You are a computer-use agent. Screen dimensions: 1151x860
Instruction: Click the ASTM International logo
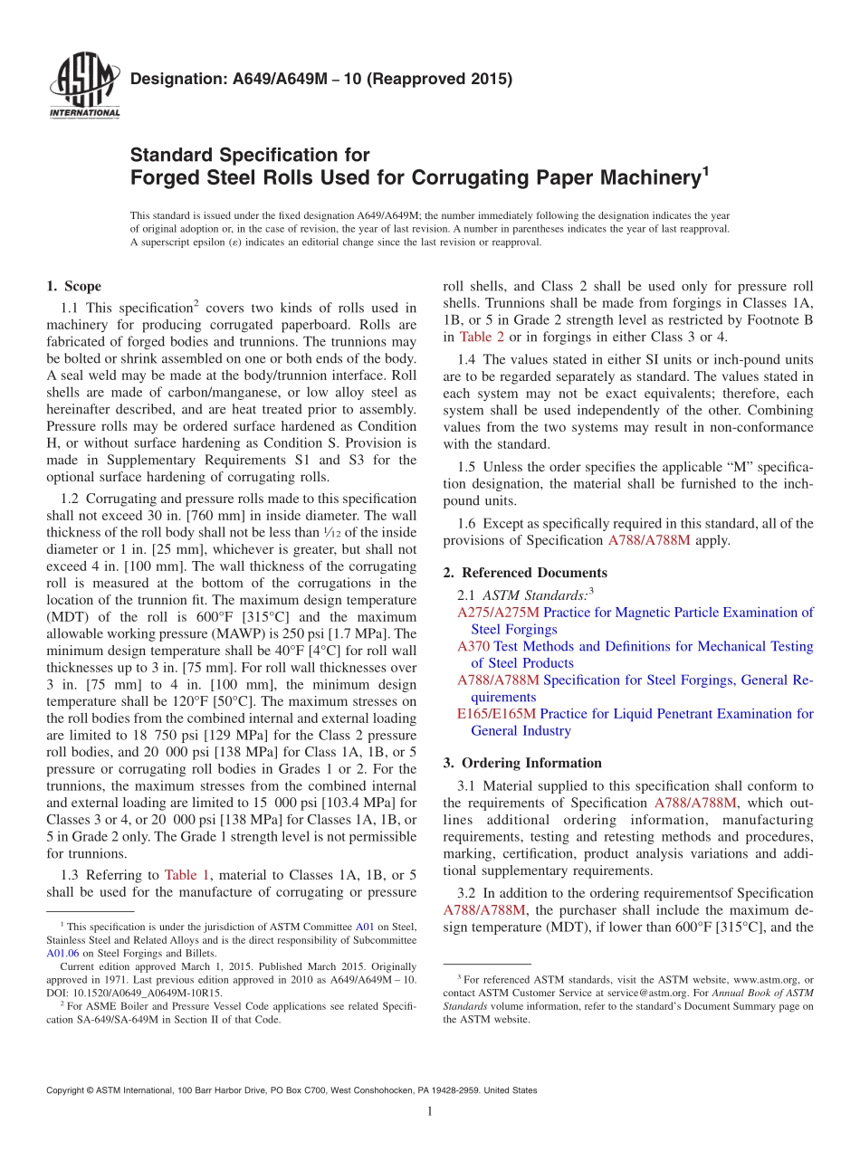(83, 87)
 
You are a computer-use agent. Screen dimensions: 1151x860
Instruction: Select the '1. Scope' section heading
(73, 287)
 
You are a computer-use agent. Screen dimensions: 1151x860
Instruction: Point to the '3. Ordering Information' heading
(522, 763)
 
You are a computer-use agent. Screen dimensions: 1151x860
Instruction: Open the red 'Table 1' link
(186, 875)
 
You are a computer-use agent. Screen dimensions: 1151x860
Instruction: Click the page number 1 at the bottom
(430, 1113)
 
